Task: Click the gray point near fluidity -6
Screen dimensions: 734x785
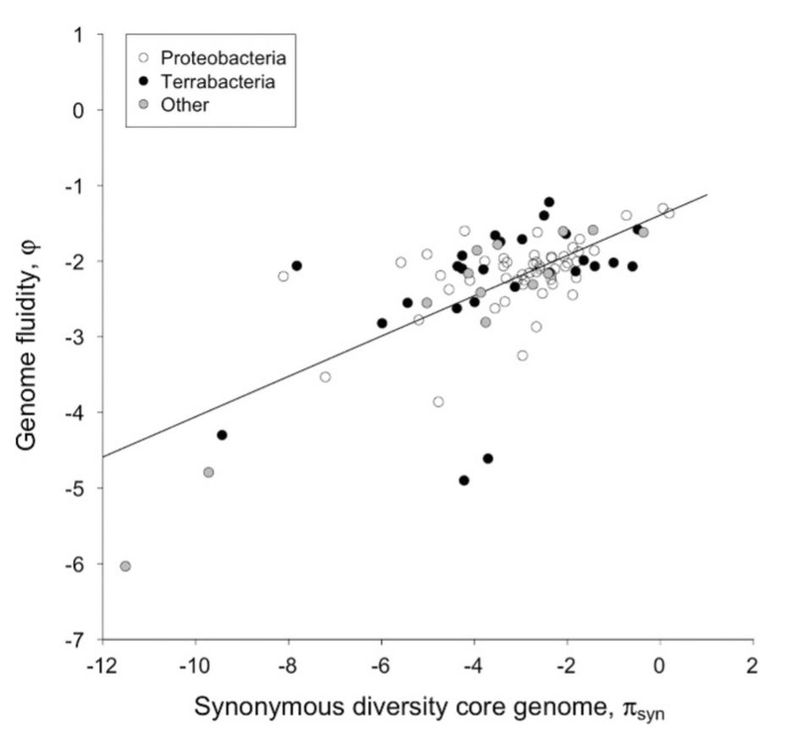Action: (x=125, y=566)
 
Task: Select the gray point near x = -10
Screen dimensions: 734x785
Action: (x=208, y=472)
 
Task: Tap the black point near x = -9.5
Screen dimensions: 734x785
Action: (x=222, y=434)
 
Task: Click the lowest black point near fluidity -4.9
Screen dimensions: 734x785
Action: (x=464, y=480)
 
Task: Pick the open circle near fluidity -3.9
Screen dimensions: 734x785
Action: (x=438, y=401)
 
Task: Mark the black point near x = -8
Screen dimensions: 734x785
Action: (x=297, y=265)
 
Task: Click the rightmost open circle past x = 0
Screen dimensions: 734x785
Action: (x=669, y=213)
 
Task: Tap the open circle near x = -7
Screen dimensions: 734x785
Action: (x=325, y=377)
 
